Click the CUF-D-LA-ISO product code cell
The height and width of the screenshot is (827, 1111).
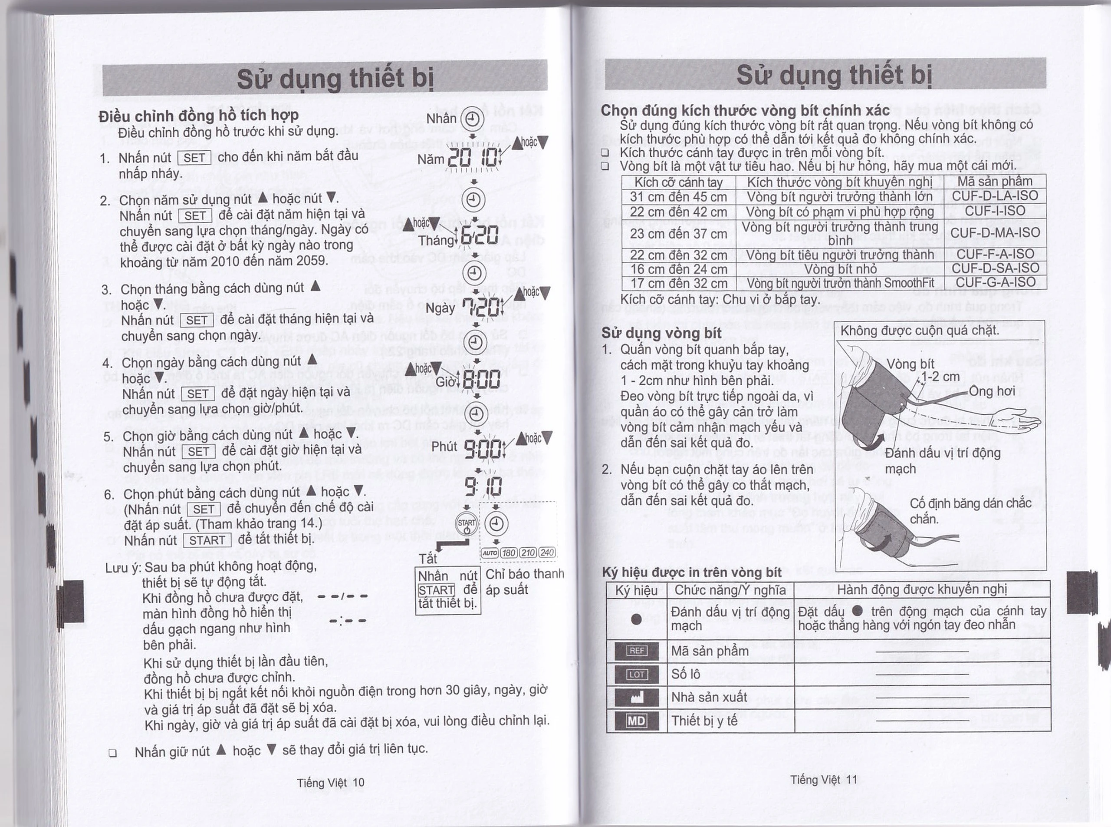point(994,196)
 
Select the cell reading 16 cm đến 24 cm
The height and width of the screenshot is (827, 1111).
point(678,269)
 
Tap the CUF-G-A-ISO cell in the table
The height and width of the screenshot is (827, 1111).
point(995,282)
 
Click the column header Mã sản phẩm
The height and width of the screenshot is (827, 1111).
point(994,181)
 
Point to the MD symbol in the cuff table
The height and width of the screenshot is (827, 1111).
point(636,721)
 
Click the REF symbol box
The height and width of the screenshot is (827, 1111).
point(636,651)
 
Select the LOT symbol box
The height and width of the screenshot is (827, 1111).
point(636,674)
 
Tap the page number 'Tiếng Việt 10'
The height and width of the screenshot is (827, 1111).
point(330,782)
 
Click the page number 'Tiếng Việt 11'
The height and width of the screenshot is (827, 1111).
point(823,780)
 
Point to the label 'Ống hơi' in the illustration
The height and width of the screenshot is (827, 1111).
point(992,391)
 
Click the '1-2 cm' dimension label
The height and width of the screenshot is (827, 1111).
point(940,377)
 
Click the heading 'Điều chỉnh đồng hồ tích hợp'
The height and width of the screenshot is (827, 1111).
point(199,116)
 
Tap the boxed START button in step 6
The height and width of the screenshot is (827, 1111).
point(207,541)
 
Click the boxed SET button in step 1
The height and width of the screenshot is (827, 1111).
point(194,158)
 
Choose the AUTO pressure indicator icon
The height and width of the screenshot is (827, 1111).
point(489,552)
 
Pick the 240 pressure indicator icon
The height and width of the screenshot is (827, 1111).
point(547,552)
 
